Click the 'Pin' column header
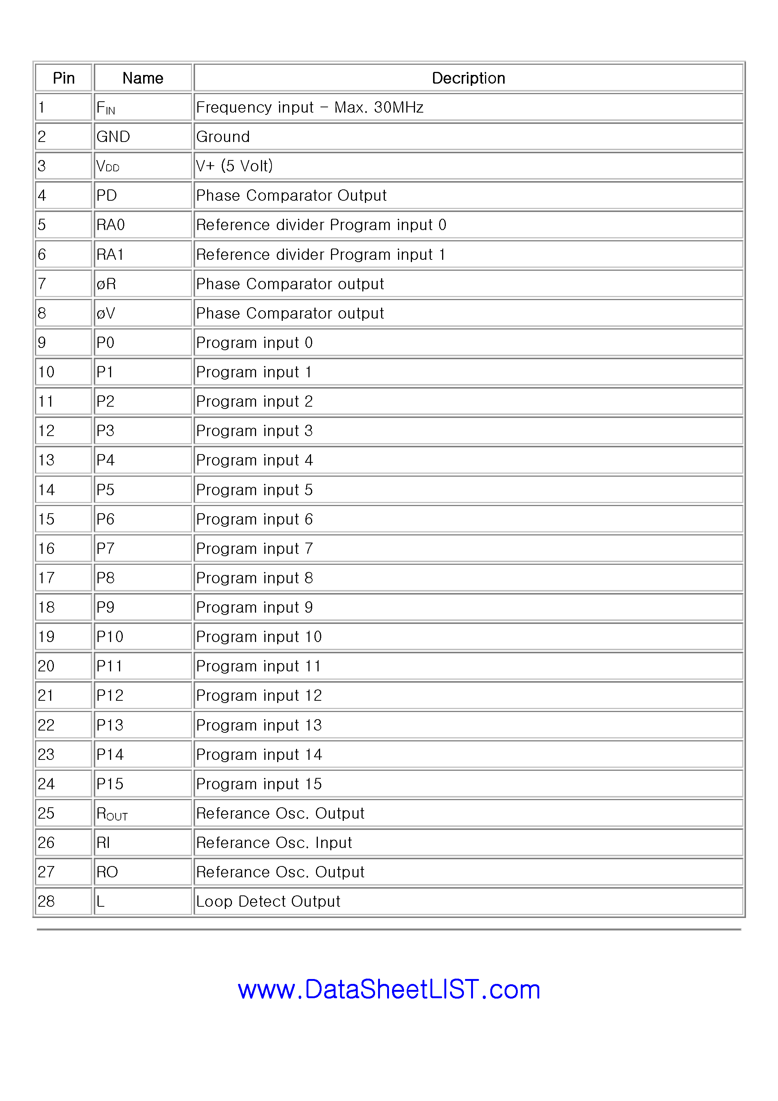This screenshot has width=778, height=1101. click(63, 78)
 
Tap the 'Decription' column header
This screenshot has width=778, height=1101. click(468, 78)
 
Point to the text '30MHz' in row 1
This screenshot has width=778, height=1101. click(398, 107)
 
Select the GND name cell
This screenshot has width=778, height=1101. click(113, 137)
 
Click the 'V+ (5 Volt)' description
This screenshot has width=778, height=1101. click(235, 166)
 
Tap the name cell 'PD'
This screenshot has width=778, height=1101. click(107, 196)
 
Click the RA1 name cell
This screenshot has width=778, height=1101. click(110, 255)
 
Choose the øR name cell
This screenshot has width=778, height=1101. click(106, 284)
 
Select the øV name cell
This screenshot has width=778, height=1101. click(105, 314)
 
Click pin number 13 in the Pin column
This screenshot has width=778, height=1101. click(47, 461)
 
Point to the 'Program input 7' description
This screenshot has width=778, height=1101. click(254, 549)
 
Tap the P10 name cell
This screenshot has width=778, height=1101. click(110, 637)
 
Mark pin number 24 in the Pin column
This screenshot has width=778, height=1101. click(47, 784)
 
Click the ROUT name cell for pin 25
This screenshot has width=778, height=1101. click(112, 814)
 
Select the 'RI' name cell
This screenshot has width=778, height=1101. click(103, 843)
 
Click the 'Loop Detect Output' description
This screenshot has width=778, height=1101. click(268, 901)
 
